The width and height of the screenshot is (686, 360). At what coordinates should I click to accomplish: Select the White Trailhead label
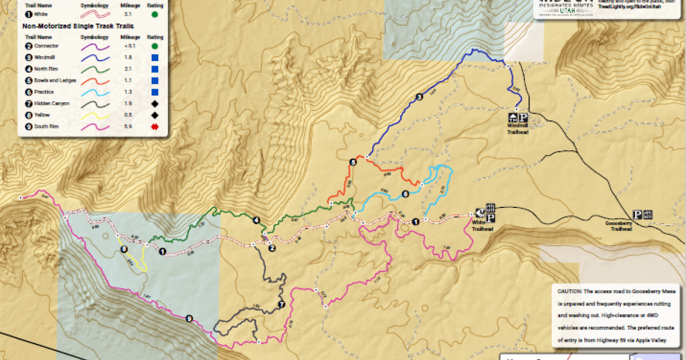[x=482, y=226]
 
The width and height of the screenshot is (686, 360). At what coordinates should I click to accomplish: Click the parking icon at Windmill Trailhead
[x=523, y=117]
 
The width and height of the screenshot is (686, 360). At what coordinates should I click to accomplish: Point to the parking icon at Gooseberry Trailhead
[x=637, y=215]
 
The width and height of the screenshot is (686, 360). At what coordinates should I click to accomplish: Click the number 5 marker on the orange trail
[x=353, y=162]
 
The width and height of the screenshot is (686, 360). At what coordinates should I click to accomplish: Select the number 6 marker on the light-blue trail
[x=405, y=194]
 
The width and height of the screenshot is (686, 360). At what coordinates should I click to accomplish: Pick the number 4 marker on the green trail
[x=256, y=221]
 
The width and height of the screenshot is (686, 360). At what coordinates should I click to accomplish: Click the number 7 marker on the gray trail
[x=281, y=305]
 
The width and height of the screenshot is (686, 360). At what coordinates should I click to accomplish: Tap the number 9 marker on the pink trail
[x=189, y=318]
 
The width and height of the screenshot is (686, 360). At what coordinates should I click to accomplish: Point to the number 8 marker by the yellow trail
[x=123, y=249]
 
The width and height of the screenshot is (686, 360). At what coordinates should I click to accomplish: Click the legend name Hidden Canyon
[x=51, y=103]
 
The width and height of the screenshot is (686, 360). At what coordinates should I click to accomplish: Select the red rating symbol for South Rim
[x=154, y=127]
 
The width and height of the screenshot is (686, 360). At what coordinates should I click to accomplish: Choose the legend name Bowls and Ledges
[x=55, y=81]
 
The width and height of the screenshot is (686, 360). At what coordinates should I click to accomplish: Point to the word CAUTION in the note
[x=571, y=291]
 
